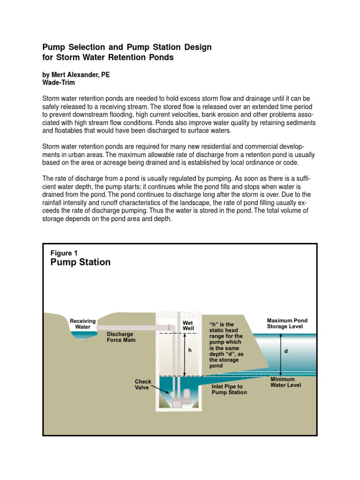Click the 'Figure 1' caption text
tap(64, 253)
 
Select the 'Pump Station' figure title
tap(80, 262)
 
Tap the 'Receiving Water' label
tap(82, 324)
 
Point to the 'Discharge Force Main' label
tap(121, 337)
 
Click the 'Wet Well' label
tap(188, 326)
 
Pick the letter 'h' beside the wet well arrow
tap(190, 350)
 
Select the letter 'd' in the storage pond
tap(285, 351)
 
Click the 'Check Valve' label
tap(143, 385)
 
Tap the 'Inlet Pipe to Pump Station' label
tap(229, 390)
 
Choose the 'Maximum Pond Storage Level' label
tap(287, 323)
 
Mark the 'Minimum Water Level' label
tap(285, 382)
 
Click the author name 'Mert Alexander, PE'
tap(76, 75)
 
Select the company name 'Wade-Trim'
tap(59, 82)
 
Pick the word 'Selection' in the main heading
tap(85, 47)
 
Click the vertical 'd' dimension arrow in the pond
tap(281, 354)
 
